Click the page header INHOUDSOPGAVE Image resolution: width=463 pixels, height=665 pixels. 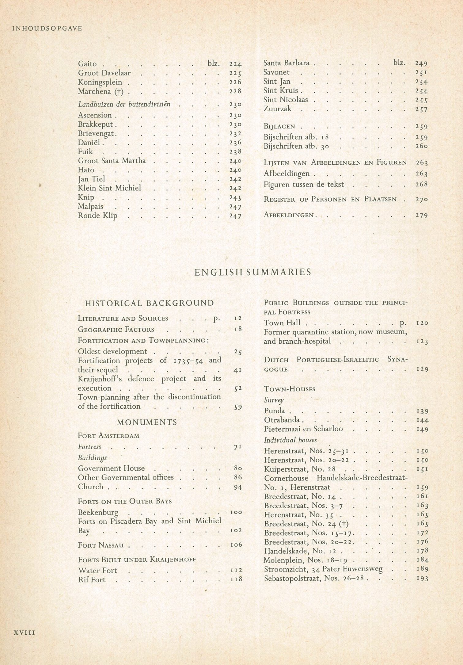click(x=47, y=29)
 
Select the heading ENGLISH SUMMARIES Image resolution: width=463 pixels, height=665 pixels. click(x=253, y=272)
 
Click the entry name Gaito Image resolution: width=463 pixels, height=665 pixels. click(x=87, y=64)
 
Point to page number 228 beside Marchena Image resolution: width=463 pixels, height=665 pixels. click(x=235, y=91)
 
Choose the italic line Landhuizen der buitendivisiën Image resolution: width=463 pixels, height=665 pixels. click(x=124, y=104)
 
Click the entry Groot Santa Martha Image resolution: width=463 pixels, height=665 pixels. click(x=112, y=161)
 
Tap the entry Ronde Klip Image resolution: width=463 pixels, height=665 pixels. click(x=97, y=216)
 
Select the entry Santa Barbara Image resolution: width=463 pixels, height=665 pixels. click(x=286, y=63)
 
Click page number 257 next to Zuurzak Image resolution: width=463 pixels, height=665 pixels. click(x=421, y=109)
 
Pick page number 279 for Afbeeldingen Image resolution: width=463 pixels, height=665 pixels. click(x=421, y=215)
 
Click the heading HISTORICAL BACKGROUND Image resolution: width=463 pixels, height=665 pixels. click(x=150, y=303)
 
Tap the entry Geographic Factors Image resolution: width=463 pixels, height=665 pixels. click(x=116, y=330)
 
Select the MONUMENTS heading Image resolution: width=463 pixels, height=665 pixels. click(x=147, y=422)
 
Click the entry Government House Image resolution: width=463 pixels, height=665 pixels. click(x=111, y=468)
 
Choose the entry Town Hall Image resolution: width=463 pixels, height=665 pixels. click(x=282, y=323)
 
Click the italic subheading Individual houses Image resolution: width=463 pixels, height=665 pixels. click(x=290, y=440)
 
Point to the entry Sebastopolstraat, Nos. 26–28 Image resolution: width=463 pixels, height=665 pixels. click(x=316, y=578)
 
